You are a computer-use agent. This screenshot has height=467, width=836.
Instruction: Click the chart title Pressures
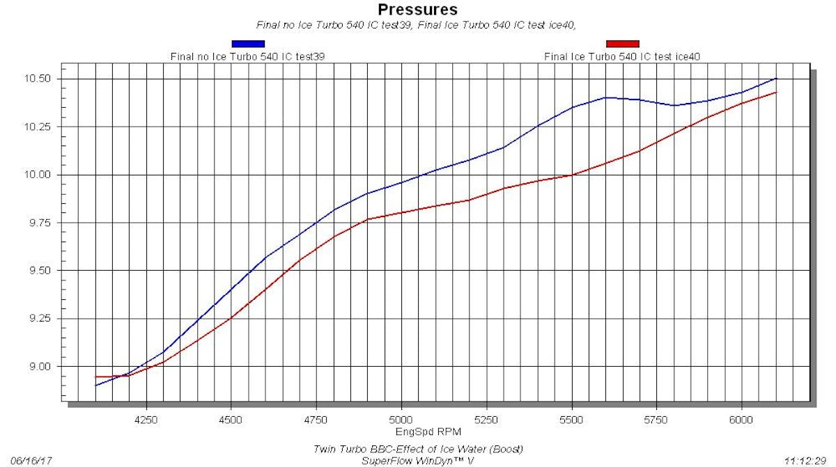(417, 10)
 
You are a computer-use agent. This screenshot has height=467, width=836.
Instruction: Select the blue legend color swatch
(248, 44)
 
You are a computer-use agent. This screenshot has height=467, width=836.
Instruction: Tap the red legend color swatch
(622, 44)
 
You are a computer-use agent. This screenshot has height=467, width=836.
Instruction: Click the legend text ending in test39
(248, 56)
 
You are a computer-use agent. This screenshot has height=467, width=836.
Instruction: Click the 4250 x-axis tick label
(145, 420)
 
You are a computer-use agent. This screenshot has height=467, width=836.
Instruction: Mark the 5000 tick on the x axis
(401, 420)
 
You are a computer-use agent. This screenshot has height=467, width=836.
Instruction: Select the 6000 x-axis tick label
(741, 420)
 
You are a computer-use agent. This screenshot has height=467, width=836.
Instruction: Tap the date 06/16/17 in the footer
(31, 461)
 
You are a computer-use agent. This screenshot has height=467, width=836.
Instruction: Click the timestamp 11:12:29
(805, 461)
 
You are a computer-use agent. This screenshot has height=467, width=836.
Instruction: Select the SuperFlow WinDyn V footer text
(418, 461)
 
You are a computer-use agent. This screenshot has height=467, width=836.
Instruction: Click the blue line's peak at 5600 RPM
(605, 97)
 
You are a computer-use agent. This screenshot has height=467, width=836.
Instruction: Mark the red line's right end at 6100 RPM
(776, 92)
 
